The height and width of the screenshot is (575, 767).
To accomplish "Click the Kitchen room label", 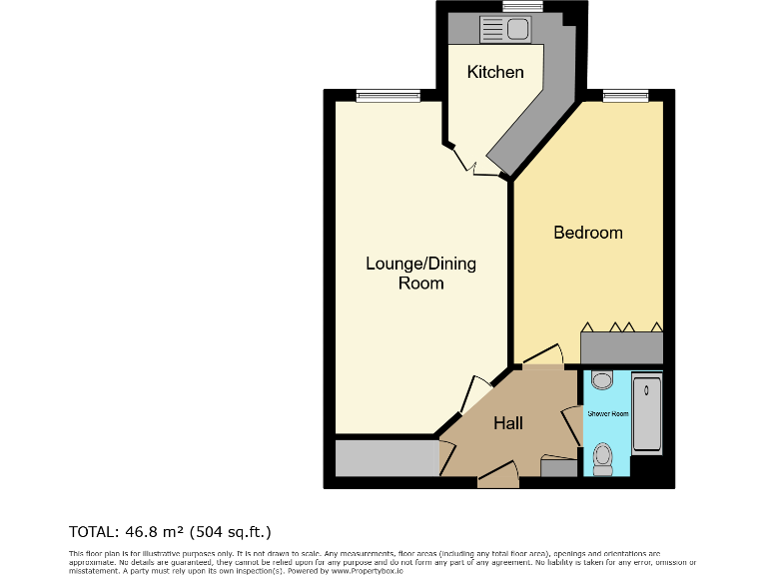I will coord(496,72).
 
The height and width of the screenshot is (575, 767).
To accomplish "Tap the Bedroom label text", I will coord(588,233).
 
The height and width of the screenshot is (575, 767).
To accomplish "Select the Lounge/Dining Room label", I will coord(420,274).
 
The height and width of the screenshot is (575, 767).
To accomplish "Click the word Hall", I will coord(508,423).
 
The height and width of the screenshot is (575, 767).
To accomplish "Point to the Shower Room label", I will coord(606,413).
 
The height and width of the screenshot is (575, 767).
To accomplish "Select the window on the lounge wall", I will coord(386,96).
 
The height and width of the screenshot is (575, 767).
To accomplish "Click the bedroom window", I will coord(626,96).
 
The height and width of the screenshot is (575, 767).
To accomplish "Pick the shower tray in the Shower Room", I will coord(647,414).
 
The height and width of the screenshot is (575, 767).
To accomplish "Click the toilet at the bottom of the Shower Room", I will coord(602,458).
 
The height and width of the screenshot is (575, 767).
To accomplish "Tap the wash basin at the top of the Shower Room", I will coord(601,380).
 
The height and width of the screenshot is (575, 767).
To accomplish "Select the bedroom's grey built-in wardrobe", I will coord(622,347).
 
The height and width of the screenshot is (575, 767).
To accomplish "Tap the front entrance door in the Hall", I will coord(497,480).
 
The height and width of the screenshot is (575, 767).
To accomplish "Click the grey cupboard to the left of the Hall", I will coord(386,459).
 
